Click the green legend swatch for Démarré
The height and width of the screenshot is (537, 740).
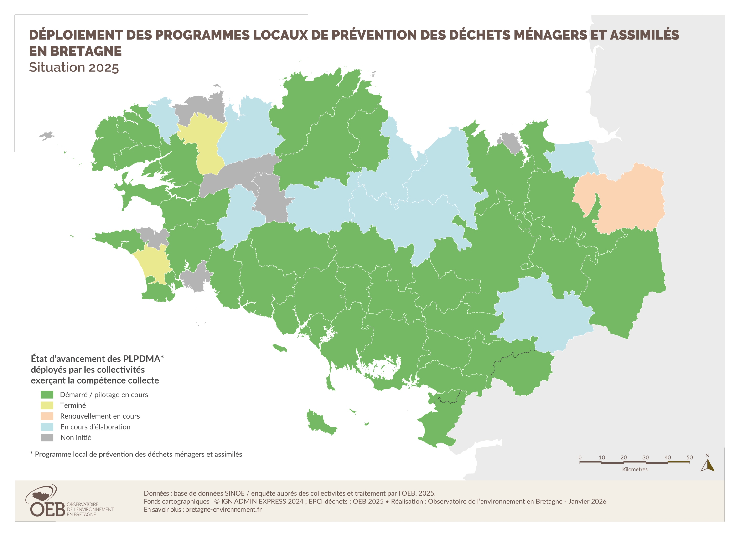pyautogui.click(x=47, y=395)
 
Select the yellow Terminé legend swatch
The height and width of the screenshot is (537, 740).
pyautogui.click(x=47, y=405)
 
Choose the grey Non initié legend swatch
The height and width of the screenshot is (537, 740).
pyautogui.click(x=47, y=438)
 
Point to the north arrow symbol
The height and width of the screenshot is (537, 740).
pyautogui.click(x=707, y=465)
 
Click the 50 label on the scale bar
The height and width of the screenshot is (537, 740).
pyautogui.click(x=689, y=457)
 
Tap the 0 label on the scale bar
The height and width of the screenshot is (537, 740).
pyautogui.click(x=580, y=457)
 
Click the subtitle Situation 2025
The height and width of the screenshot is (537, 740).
pyautogui.click(x=74, y=67)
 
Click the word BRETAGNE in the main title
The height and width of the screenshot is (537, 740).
pyautogui.click(x=86, y=51)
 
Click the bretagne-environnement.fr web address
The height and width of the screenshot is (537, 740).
pyautogui.click(x=223, y=509)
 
